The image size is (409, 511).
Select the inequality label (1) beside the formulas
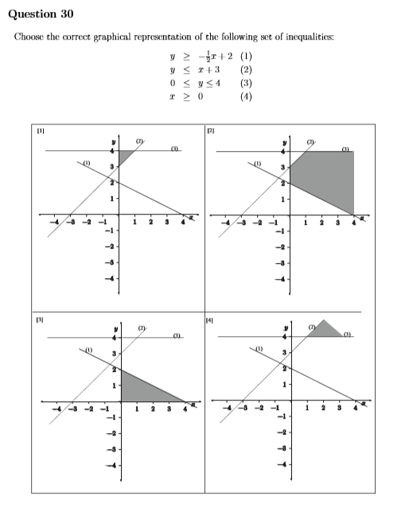(x=246, y=56)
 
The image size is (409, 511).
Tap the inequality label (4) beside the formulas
(x=246, y=95)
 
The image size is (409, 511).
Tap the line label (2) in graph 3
(x=142, y=327)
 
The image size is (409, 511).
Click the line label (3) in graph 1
(x=173, y=147)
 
